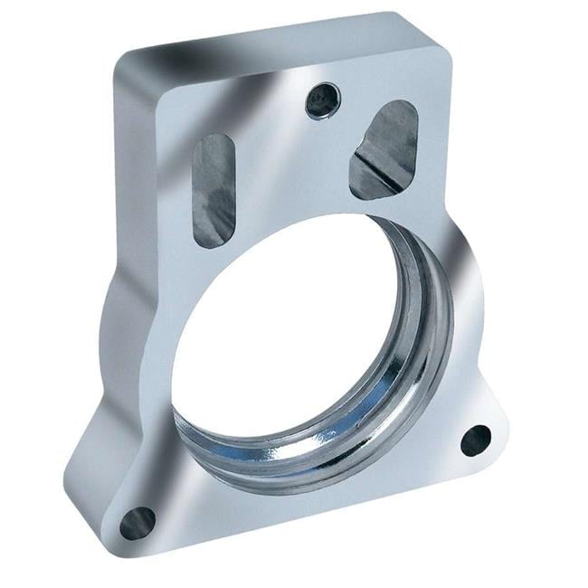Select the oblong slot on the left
[x=213, y=190]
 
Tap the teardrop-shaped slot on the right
[x=385, y=149]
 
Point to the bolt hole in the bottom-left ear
[x=138, y=522]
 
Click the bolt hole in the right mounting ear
[x=475, y=440]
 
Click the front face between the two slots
[x=289, y=172]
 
